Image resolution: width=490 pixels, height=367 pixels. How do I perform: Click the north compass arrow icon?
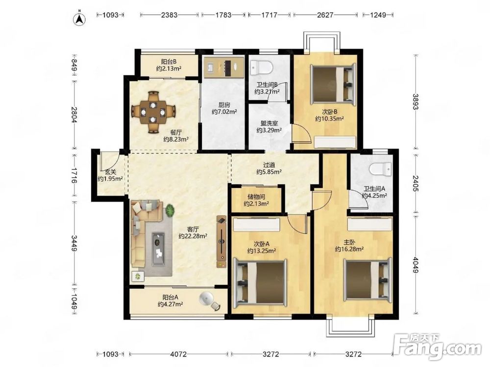[80, 19]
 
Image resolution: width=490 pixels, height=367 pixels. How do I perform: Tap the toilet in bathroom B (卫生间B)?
[262, 68]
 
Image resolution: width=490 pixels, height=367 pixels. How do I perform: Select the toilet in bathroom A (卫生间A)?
[380, 170]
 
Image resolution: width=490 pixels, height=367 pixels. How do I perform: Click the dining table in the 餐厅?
[153, 112]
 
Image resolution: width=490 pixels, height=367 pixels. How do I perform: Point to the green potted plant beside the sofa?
[170, 210]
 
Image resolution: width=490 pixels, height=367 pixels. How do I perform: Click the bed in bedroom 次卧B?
[333, 83]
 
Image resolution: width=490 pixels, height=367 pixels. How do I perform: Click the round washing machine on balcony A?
[206, 298]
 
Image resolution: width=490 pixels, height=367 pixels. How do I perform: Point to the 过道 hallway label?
[269, 164]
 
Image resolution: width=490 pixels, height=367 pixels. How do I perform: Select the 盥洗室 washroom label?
[269, 124]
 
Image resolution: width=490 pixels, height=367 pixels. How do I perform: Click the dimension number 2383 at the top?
[169, 15]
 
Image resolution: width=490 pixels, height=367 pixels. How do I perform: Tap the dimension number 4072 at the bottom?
[178, 354]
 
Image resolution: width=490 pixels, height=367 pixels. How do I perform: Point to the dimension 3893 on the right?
[415, 102]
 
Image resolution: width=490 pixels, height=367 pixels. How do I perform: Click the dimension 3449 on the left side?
[74, 243]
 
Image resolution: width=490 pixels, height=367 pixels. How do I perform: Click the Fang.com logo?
[437, 346]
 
